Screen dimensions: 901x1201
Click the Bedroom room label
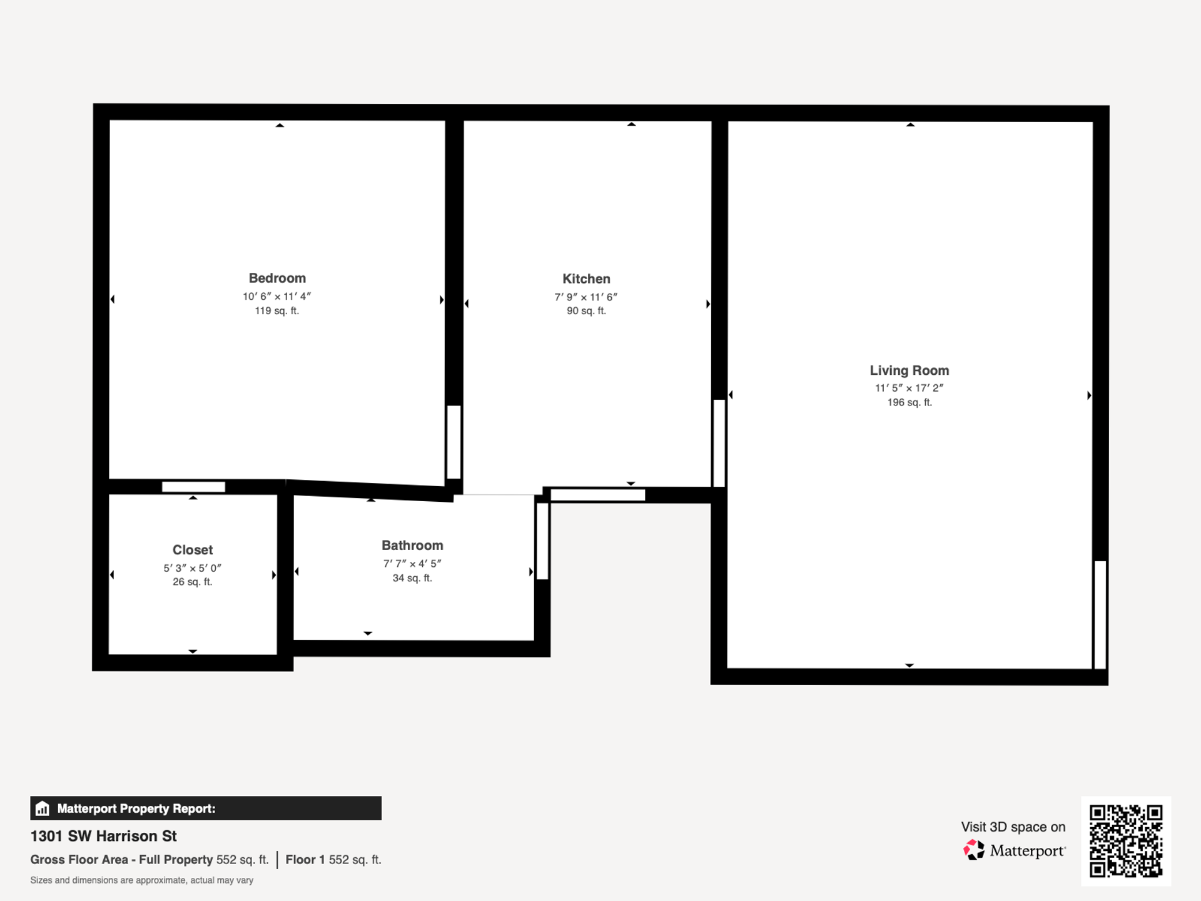277,278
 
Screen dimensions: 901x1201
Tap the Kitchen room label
586,279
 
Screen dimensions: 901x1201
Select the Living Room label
909,370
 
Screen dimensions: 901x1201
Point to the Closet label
193,550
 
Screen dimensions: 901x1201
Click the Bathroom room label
412,546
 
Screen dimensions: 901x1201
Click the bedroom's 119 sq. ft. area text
276,311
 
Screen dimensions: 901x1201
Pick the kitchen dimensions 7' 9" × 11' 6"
585,297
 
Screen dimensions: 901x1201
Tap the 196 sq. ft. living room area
909,402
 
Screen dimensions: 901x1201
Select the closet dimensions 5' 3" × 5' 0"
193,568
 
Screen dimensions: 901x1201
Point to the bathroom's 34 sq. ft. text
412,578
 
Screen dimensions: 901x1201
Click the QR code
1126,841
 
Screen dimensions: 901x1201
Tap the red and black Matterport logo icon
973,850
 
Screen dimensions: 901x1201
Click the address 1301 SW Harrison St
104,836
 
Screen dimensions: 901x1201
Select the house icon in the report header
43,808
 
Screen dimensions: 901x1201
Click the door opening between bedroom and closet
193,487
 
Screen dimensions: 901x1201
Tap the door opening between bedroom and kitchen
454,442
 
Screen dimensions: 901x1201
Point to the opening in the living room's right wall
1100,614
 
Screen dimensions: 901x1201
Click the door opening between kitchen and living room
719,443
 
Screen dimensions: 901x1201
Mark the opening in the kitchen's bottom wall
597,496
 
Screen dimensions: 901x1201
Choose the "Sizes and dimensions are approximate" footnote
142,880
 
